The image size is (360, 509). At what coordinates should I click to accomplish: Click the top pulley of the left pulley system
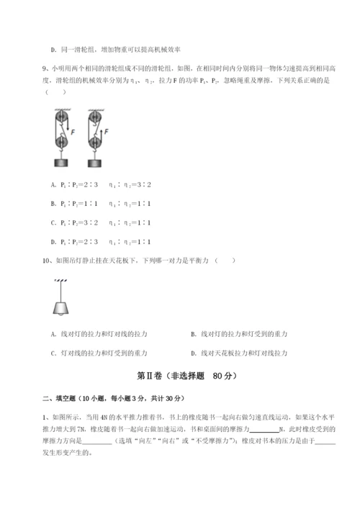[x=61, y=117]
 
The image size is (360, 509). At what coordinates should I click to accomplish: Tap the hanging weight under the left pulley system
[x=62, y=161]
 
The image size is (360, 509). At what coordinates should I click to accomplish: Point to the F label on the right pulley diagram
[x=107, y=132]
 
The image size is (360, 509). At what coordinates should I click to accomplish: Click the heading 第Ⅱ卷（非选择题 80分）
[x=180, y=376]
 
